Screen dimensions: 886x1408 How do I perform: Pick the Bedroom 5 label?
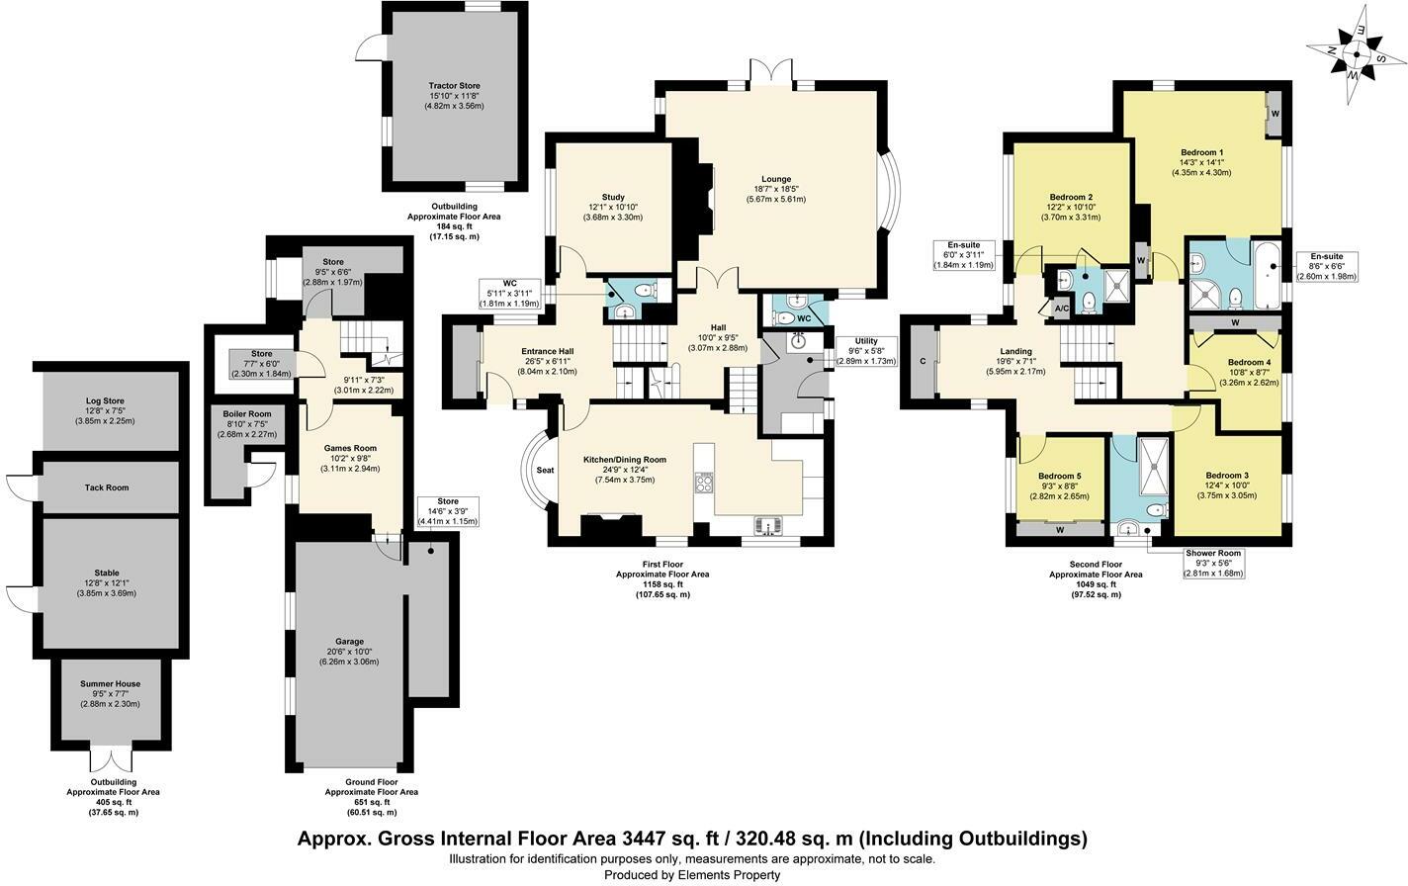1059,477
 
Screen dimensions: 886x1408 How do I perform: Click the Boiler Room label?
233,413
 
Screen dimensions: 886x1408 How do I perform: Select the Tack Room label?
107,487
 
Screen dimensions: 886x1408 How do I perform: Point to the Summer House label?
110,684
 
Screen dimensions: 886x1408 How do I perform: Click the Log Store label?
106,400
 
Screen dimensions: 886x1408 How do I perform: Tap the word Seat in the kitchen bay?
545,471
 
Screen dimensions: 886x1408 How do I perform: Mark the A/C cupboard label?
1062,309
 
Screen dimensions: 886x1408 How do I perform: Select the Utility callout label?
866,341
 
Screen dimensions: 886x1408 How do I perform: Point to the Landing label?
1015,351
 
